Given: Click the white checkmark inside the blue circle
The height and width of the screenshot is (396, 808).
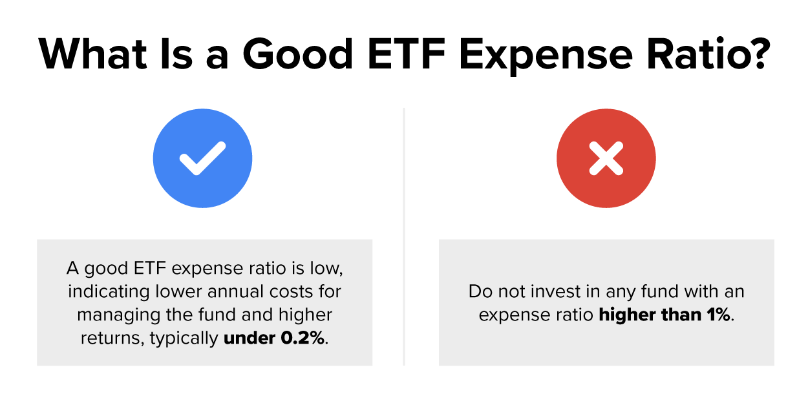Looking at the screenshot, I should pyautogui.click(x=202, y=158).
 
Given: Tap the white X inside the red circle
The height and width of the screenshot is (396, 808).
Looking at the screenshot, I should pyautogui.click(x=606, y=158).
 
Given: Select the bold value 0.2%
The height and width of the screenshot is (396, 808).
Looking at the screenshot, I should pyautogui.click(x=301, y=339).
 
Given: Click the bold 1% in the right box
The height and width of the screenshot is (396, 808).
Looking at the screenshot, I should pyautogui.click(x=718, y=315).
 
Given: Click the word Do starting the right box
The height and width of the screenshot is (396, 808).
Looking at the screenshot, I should pyautogui.click(x=478, y=291).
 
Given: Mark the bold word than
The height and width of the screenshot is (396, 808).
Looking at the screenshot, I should pyautogui.click(x=679, y=315).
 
